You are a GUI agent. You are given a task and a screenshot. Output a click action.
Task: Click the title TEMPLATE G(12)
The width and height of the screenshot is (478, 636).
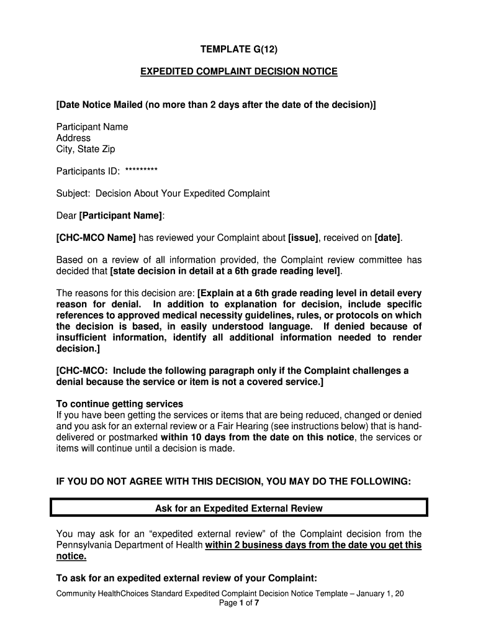pyautogui.click(x=238, y=49)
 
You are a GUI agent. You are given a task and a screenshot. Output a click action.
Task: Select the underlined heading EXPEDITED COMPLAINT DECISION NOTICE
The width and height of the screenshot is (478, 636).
pyautogui.click(x=238, y=71)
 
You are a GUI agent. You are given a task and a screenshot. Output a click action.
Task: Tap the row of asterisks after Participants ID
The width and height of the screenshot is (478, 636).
pyautogui.click(x=141, y=171)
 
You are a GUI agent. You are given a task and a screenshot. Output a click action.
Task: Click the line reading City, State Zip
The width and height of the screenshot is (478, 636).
pyautogui.click(x=86, y=149)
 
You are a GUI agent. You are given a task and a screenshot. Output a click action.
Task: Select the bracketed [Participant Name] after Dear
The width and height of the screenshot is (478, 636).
pyautogui.click(x=121, y=216)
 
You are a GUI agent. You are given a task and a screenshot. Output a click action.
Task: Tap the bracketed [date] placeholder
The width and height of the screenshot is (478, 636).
pyautogui.click(x=388, y=238)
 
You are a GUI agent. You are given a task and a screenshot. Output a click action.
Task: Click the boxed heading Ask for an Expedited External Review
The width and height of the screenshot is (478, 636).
pyautogui.click(x=238, y=508)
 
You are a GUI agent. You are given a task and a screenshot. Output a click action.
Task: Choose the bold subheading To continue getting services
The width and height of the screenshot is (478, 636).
pyautogui.click(x=120, y=404)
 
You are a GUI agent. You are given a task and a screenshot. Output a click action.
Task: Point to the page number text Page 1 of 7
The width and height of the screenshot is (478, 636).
pyautogui.click(x=238, y=602)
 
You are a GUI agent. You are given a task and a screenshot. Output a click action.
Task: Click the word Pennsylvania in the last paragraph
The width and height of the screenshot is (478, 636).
pyautogui.click(x=84, y=545)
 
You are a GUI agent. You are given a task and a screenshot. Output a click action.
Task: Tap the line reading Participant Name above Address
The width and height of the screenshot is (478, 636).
pyautogui.click(x=92, y=127)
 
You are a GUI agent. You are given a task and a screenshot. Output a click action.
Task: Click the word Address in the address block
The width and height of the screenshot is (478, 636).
pyautogui.click(x=73, y=138)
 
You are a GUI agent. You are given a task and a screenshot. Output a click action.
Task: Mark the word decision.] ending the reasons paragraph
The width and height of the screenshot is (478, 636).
pyautogui.click(x=76, y=348)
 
